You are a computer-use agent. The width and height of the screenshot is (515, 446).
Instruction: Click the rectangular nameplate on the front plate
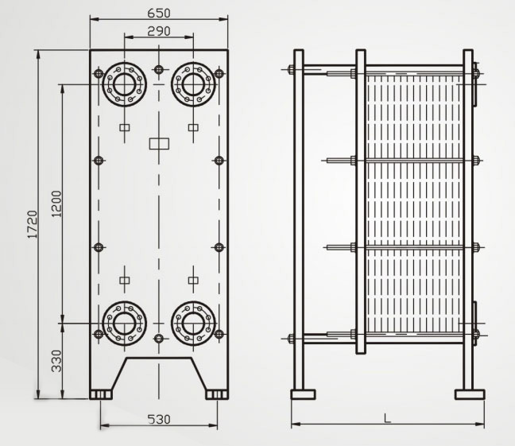[x=160, y=144]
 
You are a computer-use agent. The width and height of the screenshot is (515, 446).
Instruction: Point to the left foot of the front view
[x=101, y=394]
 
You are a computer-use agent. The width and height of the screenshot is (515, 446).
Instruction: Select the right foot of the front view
[x=215, y=394]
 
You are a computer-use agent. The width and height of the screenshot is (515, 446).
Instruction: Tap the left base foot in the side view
[x=303, y=394]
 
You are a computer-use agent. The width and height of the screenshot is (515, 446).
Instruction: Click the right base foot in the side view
[x=468, y=394]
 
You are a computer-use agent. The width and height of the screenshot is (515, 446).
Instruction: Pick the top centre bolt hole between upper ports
[x=159, y=70]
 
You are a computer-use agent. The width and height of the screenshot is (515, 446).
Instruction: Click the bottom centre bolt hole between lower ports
[x=159, y=339]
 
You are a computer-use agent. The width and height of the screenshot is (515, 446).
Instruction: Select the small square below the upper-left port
[x=124, y=127]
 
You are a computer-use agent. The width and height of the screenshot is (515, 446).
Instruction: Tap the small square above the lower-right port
[x=193, y=279]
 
